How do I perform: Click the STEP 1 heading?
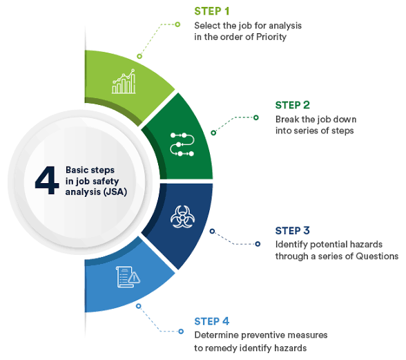pos(211,11)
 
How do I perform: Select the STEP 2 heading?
pos(292,105)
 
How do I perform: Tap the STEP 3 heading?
pos(292,230)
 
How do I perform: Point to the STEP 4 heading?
pos(211,321)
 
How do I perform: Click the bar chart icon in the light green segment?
pos(124,82)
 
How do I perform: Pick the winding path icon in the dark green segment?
pos(182,144)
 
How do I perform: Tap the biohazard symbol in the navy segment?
pos(182,217)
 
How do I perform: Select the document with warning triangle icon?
pos(128,277)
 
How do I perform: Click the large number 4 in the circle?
pos(47,180)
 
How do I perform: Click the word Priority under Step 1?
pos(271,37)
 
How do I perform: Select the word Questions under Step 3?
pos(377,256)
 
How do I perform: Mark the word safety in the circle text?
pos(106,181)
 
